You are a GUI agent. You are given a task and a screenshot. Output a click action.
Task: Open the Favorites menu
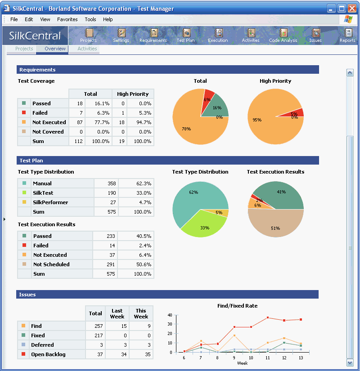pos(67,19)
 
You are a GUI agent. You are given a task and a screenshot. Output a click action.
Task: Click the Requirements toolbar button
pos(153,35)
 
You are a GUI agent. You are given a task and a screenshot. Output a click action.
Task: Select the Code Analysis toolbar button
pos(283,35)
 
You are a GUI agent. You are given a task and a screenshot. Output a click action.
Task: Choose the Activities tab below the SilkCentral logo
pos(87,49)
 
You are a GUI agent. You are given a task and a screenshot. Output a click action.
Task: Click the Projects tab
pos(24,49)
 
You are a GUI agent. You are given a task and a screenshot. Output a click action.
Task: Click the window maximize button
pos(342,8)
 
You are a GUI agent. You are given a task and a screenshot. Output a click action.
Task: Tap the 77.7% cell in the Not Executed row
pos(100,122)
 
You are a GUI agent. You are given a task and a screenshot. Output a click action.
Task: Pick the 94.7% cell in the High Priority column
pos(139,122)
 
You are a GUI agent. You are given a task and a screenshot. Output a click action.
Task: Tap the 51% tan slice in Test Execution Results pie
pos(275,225)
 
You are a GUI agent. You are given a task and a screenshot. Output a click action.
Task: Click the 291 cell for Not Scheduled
pos(109,264)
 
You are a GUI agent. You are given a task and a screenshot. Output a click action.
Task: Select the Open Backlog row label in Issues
pos(48,354)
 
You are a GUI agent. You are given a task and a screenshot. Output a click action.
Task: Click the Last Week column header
pos(117,313)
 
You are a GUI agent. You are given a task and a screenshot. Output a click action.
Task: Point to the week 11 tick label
pos(268,358)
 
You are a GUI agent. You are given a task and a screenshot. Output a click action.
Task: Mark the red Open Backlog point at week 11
pos(268,317)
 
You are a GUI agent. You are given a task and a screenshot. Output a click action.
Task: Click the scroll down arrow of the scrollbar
pos(350,362)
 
